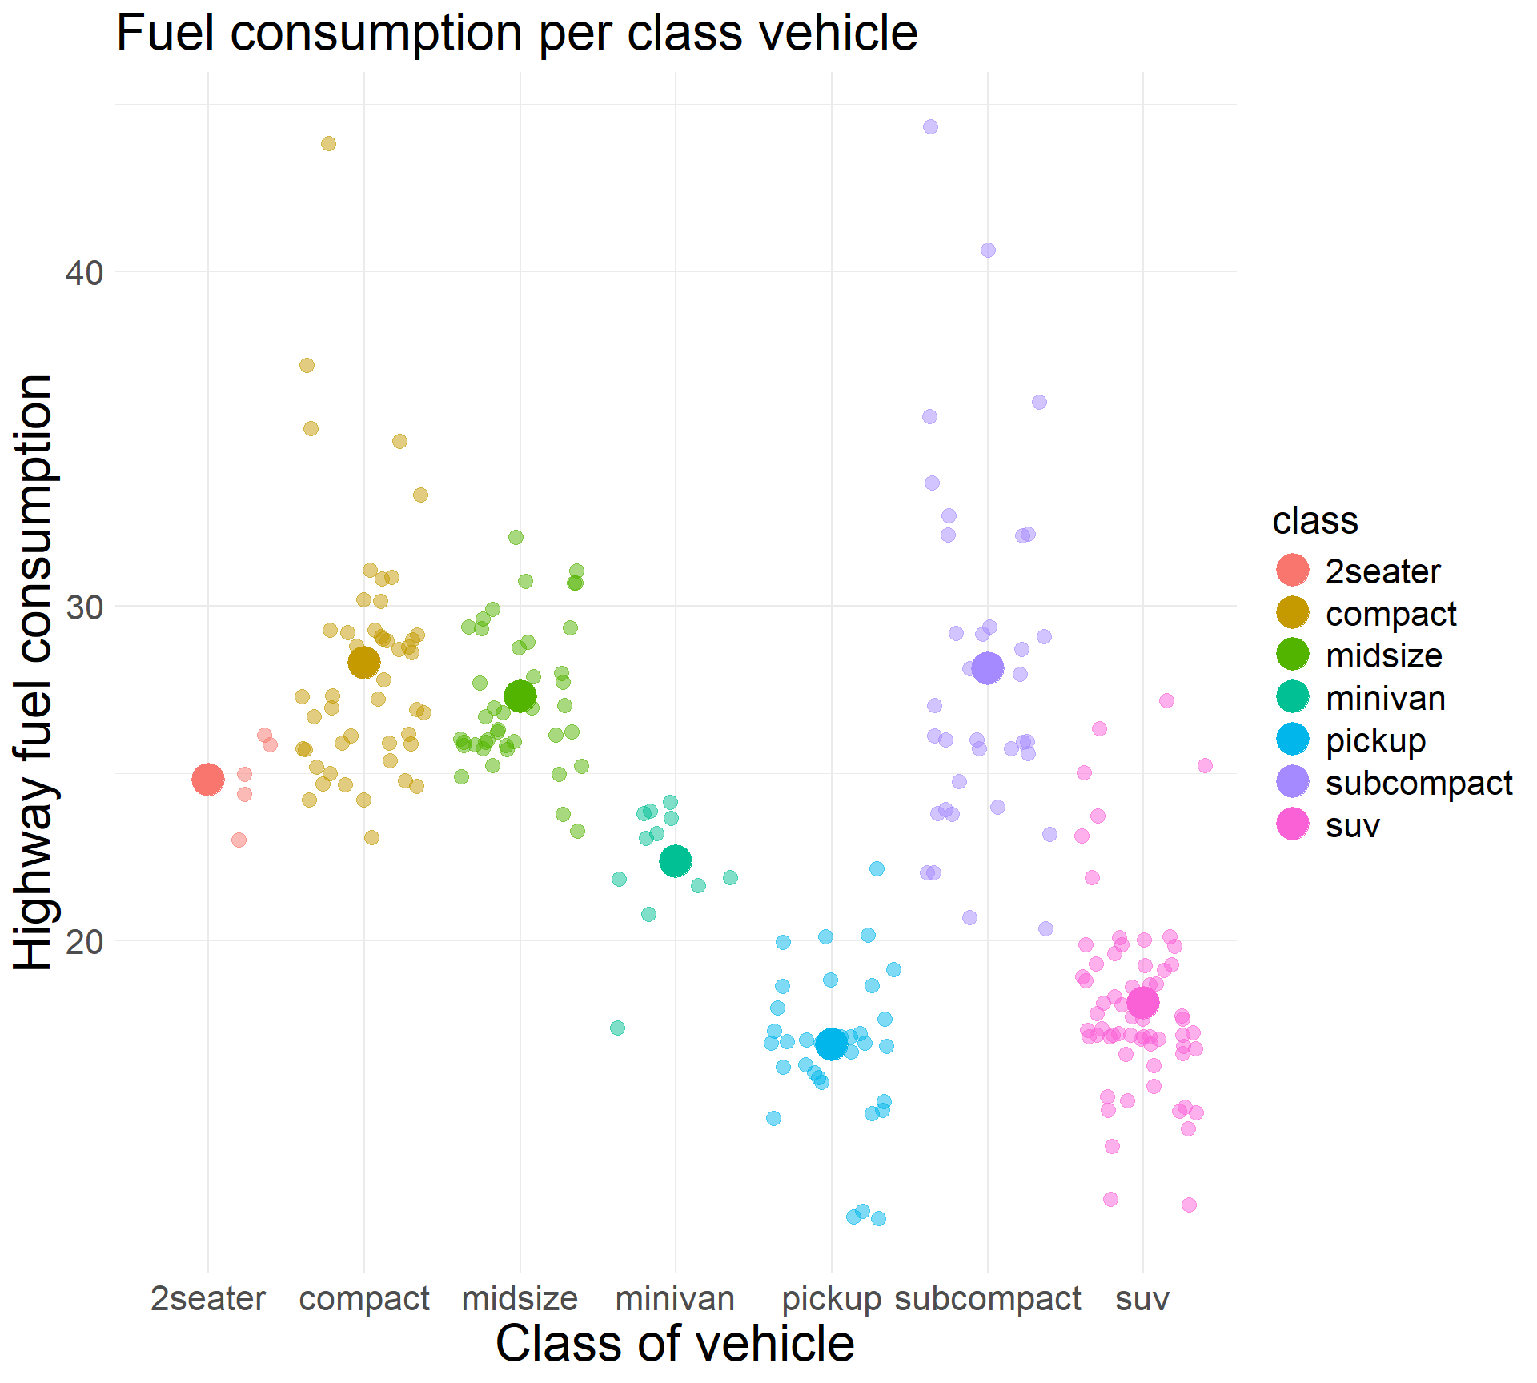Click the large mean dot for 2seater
point(208,779)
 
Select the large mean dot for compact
point(364,663)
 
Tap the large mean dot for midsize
point(520,696)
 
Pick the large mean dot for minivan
point(676,861)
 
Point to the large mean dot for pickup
point(832,1044)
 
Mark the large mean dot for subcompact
point(988,667)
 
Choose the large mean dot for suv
point(1142,1002)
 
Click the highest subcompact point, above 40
point(930,126)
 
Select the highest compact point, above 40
point(328,144)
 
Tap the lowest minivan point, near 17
point(617,1028)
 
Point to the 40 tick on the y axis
point(85,273)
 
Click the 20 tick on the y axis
point(85,942)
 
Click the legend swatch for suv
point(1293,824)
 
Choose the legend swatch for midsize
point(1293,655)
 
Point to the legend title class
point(1315,521)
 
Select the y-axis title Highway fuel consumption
point(34,672)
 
